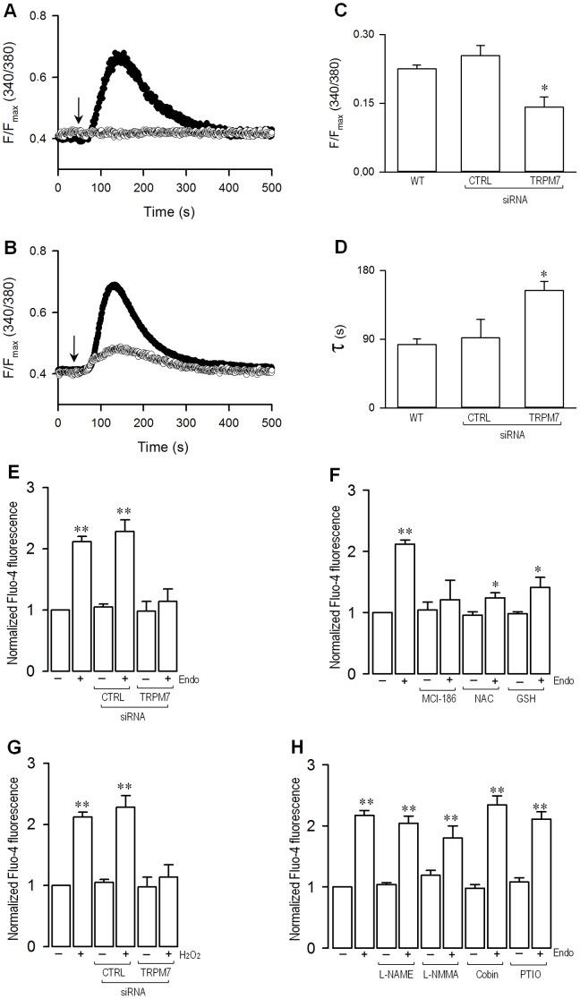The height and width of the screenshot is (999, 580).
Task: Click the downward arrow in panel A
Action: (x=79, y=110)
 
